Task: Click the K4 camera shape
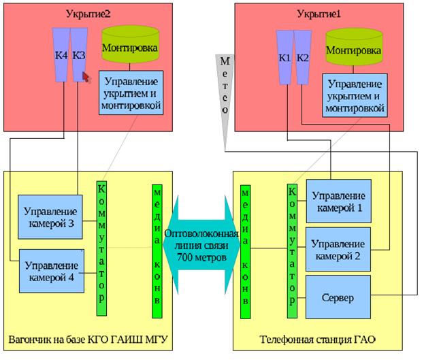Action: [61, 54]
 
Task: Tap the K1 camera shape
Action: [284, 57]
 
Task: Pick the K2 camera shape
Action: [302, 57]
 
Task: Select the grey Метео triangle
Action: [224, 95]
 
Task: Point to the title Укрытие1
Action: [318, 13]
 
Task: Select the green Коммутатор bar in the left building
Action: [101, 248]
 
